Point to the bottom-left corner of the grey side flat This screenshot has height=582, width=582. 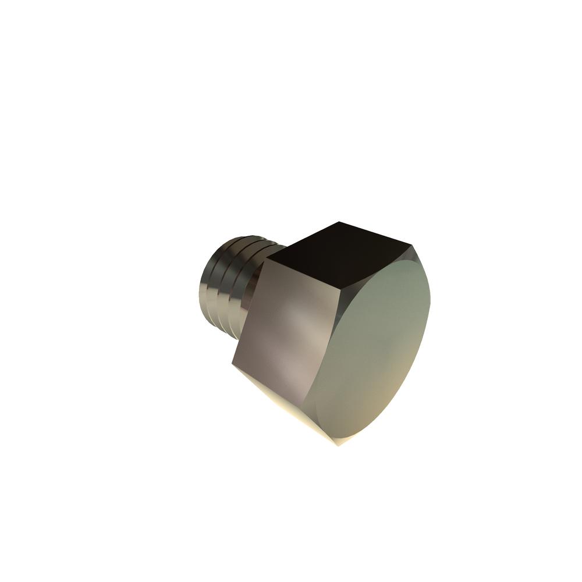click(x=232, y=364)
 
